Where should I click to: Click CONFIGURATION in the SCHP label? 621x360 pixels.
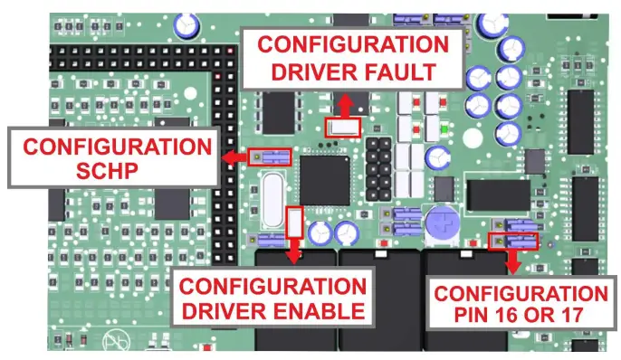(x=113, y=147)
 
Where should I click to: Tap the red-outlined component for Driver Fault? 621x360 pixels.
(x=342, y=128)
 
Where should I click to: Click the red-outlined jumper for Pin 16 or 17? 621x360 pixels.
(x=513, y=241)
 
